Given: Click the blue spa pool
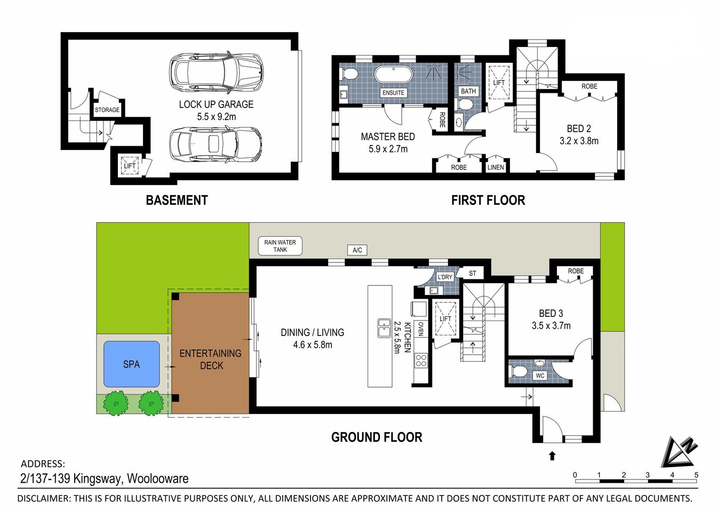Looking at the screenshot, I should click(131, 364).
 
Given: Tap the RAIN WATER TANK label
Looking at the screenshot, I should click(280, 246).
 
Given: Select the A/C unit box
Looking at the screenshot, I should click(357, 250).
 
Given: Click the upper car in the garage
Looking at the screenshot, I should click(216, 71).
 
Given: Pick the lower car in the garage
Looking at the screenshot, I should click(216, 145).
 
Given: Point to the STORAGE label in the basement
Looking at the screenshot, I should click(107, 110).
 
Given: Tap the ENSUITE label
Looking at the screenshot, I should click(393, 93).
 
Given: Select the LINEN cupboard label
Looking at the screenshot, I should click(496, 167).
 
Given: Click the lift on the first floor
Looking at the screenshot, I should click(499, 82).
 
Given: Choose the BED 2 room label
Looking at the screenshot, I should click(579, 129).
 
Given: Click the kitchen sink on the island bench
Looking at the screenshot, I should click(384, 328).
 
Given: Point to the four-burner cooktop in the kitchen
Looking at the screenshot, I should click(421, 360).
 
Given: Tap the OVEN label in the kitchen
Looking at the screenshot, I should click(421, 329).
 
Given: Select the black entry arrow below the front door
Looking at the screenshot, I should click(552, 455).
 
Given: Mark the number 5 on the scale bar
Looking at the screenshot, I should click(696, 475).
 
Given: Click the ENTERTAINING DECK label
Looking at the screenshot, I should click(211, 359).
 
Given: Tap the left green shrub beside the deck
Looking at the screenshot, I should click(116, 403).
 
